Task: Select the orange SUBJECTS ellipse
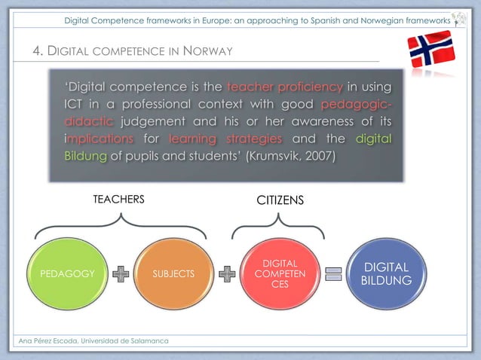pyautogui.click(x=173, y=274)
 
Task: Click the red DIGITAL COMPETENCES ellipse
pyautogui.click(x=280, y=274)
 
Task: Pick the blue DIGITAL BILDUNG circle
pyautogui.click(x=386, y=274)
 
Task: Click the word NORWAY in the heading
pyautogui.click(x=208, y=51)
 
